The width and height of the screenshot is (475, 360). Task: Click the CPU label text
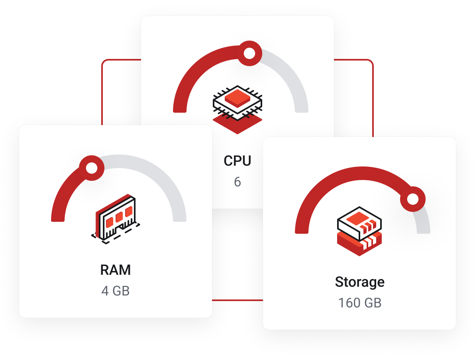tap(237, 161)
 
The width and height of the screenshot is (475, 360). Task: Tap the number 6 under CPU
tap(237, 182)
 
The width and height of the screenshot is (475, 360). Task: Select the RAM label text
tap(116, 270)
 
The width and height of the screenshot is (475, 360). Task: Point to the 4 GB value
tap(116, 291)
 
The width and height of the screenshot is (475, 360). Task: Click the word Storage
tap(359, 282)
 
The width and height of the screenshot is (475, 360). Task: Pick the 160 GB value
tap(359, 303)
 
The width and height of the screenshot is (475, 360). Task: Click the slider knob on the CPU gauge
tap(249, 53)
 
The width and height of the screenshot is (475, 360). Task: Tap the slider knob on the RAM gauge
tap(92, 168)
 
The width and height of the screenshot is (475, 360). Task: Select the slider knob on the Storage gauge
tap(413, 199)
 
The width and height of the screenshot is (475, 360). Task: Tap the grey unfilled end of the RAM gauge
tap(179, 215)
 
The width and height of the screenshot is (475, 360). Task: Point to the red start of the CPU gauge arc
tap(180, 106)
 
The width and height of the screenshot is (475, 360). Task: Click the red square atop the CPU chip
tap(237, 98)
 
